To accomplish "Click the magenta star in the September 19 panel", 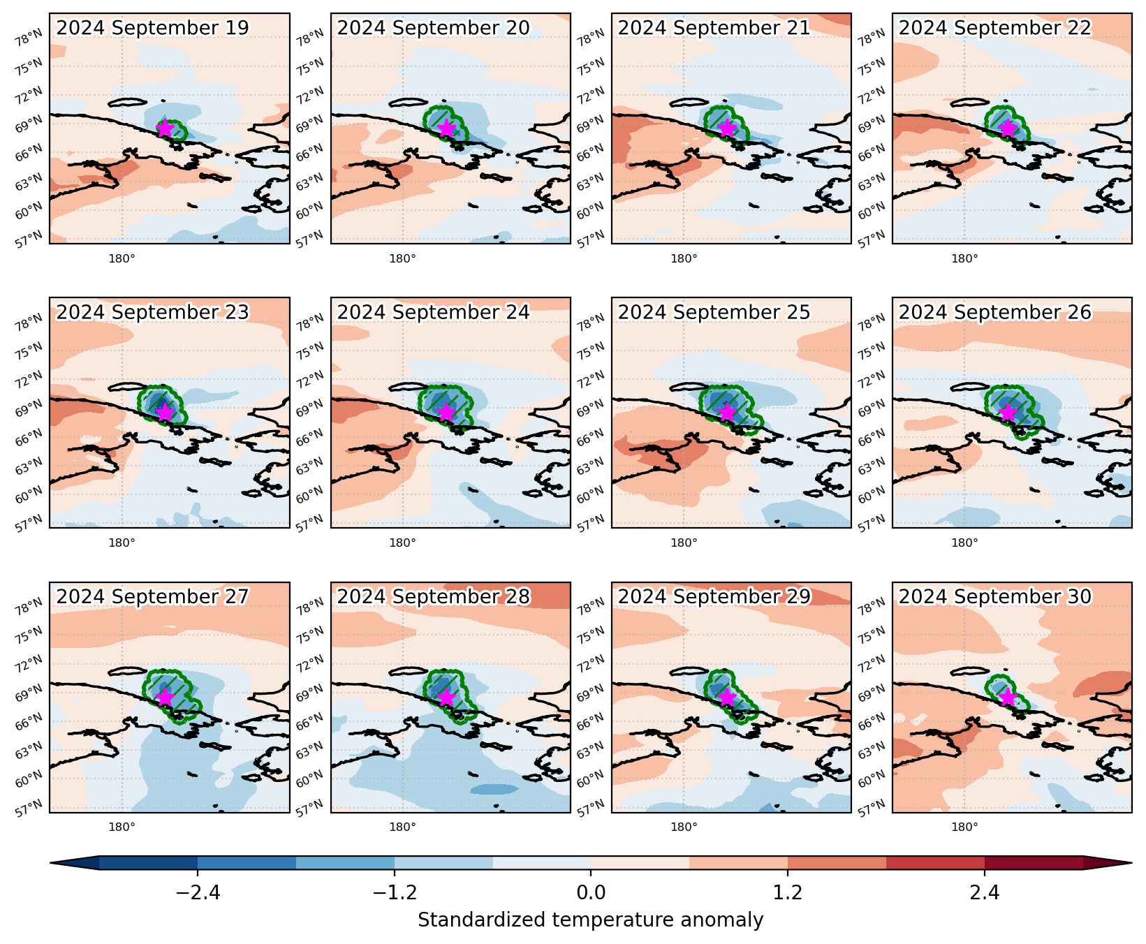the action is (164, 128).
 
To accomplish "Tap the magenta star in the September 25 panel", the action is (727, 413).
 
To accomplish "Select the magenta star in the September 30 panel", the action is (1007, 698).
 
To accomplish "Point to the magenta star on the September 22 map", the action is (1007, 128).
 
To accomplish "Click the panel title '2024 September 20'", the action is (433, 28).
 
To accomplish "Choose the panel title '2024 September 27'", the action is (152, 597).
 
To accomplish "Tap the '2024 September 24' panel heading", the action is (433, 312).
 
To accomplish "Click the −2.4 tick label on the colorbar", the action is (198, 893).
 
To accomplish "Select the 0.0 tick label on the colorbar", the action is (591, 893).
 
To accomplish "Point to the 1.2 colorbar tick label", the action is (788, 893).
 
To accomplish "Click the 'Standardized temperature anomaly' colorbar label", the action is (591, 920).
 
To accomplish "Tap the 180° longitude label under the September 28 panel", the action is (402, 827).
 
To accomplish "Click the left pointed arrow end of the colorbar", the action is (52, 863).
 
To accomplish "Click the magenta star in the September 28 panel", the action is (446, 698).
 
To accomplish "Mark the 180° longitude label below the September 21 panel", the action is (684, 259).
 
